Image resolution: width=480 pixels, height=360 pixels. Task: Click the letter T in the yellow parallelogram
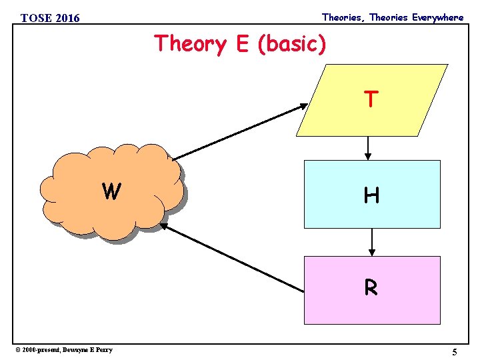click(372, 99)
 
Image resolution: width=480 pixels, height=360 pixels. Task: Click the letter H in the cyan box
click(372, 195)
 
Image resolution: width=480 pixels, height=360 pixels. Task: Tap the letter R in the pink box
click(371, 287)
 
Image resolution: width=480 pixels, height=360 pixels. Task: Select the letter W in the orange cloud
click(111, 192)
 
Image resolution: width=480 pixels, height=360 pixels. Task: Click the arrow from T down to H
click(368, 147)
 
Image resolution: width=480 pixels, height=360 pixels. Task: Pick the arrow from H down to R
click(372, 243)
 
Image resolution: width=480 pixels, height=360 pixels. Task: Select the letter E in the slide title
click(241, 44)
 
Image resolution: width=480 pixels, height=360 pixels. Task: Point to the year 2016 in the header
click(67, 18)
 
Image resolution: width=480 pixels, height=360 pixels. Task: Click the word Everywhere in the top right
click(437, 17)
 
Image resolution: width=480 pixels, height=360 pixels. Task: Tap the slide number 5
click(454, 352)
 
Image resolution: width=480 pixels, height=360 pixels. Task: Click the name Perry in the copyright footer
click(104, 349)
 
